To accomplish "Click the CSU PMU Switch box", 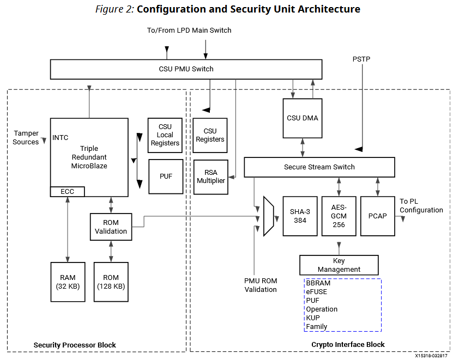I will [186, 69].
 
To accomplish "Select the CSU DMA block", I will [303, 118].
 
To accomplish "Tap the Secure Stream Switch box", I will [319, 167].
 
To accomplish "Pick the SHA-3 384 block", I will [300, 216].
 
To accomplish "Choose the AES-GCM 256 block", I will [339, 216].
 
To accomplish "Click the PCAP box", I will [377, 216].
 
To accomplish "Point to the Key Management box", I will [339, 265].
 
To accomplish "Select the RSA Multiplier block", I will [210, 176].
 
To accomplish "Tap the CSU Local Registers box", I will [165, 135].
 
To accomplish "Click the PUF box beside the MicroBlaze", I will [166, 176].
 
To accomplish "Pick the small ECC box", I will [67, 192].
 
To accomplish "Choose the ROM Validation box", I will [111, 227].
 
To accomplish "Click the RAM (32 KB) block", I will [68, 282].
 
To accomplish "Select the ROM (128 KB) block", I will [111, 282].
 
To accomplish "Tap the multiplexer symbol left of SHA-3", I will [268, 216].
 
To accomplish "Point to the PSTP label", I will [361, 59].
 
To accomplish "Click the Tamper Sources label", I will [26, 138].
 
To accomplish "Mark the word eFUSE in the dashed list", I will [317, 292].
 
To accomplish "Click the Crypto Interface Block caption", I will [348, 344].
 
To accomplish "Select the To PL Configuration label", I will [421, 206].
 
